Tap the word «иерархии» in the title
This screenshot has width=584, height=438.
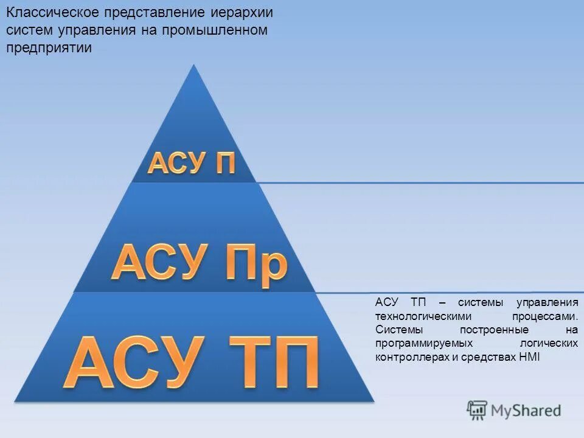click(x=243, y=13)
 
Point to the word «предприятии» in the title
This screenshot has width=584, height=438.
click(x=49, y=49)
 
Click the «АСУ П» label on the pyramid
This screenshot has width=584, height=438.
click(x=192, y=164)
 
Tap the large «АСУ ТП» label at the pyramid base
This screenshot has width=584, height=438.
click(x=192, y=363)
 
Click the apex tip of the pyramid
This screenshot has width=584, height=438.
click(x=193, y=65)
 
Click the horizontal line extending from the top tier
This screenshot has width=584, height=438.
click(x=420, y=182)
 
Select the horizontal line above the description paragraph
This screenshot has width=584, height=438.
click(x=450, y=293)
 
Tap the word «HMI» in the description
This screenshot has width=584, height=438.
click(x=529, y=358)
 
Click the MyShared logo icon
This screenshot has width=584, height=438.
click(x=477, y=411)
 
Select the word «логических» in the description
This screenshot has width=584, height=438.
click(x=549, y=344)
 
